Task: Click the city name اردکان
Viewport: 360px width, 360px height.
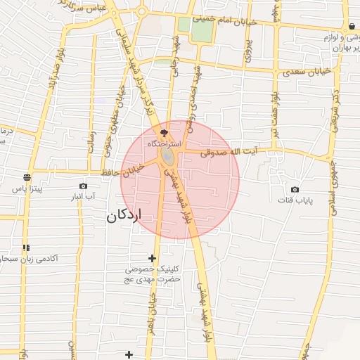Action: tap(129, 215)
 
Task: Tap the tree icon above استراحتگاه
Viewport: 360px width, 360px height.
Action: tap(165, 131)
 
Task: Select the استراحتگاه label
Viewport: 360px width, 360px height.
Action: tap(163, 143)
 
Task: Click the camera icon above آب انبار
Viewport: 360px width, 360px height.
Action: tap(84, 186)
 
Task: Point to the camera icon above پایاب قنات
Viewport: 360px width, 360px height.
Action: tap(295, 189)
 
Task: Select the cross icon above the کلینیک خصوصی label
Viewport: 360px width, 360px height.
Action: tap(152, 258)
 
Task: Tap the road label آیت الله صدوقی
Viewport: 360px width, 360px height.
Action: tap(229, 151)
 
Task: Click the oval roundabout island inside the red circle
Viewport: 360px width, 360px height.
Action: tap(169, 155)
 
